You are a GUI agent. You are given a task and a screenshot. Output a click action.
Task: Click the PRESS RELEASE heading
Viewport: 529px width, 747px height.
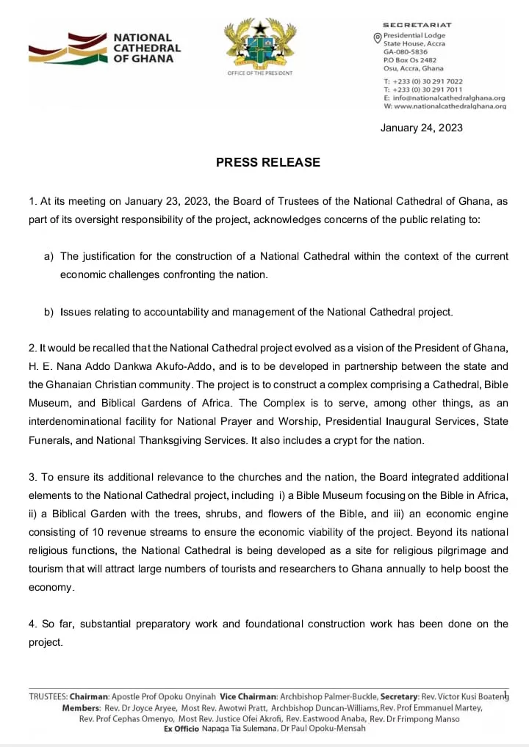(x=267, y=162)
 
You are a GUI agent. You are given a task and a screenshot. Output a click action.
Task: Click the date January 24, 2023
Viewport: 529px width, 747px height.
(x=421, y=128)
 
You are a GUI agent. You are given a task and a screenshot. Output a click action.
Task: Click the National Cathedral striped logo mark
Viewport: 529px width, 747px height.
(x=67, y=48)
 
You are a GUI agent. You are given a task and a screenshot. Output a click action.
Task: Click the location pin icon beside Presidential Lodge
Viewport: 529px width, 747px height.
(x=378, y=37)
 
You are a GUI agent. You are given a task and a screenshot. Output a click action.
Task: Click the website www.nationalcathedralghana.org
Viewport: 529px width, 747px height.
(x=450, y=106)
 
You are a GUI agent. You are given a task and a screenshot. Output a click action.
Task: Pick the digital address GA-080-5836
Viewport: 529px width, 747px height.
(x=404, y=52)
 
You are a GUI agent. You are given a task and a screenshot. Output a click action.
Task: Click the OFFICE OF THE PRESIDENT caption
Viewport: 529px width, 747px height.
(x=259, y=73)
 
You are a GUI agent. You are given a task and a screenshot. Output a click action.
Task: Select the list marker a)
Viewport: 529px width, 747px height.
(x=49, y=256)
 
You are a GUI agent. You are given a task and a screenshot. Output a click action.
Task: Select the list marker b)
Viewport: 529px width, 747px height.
(x=49, y=312)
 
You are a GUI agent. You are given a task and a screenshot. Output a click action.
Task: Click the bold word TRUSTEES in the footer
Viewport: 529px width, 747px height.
(x=48, y=696)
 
